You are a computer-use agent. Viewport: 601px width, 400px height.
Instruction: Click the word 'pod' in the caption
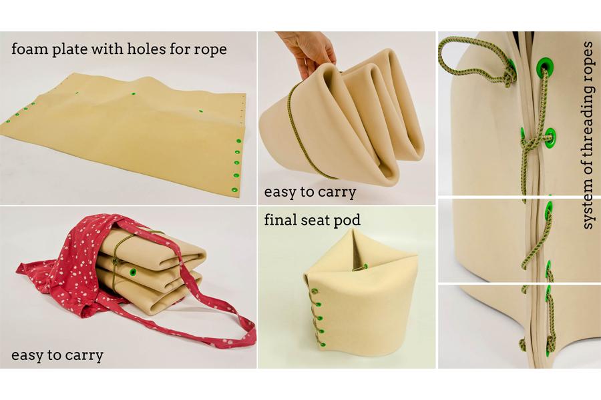tap(348, 220)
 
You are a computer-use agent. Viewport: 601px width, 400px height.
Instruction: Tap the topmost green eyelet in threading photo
tap(545, 67)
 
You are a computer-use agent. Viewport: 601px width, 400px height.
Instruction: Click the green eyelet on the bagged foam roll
tap(133, 272)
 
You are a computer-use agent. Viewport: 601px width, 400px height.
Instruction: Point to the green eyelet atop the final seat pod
tap(366, 266)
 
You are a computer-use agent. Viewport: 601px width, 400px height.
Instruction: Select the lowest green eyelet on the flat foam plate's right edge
tap(232, 189)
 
